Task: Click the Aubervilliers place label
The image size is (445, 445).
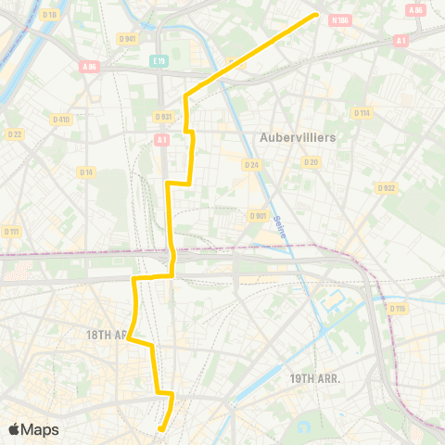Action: tap(298, 136)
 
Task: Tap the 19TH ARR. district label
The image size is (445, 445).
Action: tap(315, 378)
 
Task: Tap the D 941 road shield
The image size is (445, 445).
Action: tap(129, 38)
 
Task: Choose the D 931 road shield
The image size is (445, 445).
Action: tap(163, 116)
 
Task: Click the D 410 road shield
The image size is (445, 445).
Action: tap(61, 119)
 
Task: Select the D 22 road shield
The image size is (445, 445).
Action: tap(16, 135)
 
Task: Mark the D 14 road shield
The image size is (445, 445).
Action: tap(86, 172)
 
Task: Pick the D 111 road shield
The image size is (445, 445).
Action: tap(12, 231)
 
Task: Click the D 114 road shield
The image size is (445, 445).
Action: tap(361, 112)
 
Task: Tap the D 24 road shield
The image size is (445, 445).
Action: tap(250, 164)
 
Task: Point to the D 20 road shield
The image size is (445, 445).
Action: tap(311, 161)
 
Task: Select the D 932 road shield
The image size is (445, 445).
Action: tap(387, 187)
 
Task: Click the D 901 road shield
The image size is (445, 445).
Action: tap(258, 216)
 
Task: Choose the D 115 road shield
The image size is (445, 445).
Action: tap(398, 308)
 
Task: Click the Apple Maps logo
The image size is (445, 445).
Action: tap(33, 429)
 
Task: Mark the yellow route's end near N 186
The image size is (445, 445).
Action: tap(318, 14)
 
